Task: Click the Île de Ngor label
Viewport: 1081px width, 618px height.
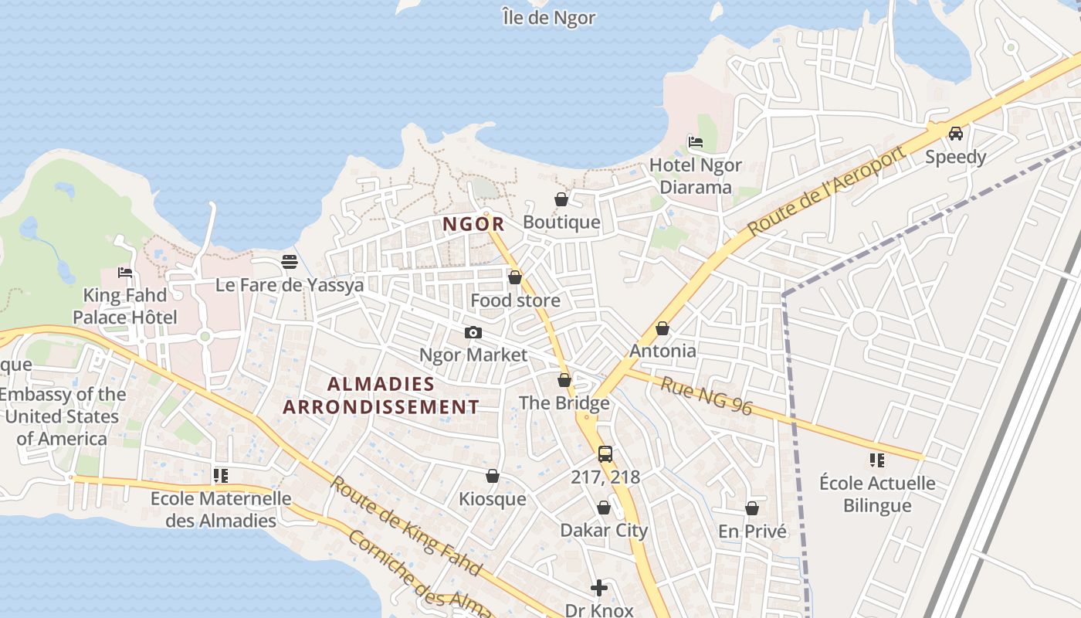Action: click(548, 17)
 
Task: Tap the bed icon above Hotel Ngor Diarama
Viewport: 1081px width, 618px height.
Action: click(695, 142)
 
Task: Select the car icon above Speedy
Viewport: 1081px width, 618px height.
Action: click(955, 134)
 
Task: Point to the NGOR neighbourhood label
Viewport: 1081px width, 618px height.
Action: click(473, 225)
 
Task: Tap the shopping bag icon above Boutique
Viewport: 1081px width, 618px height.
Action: click(561, 199)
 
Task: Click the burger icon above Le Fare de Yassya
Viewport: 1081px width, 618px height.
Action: click(290, 262)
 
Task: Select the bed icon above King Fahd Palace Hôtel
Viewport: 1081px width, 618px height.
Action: click(125, 272)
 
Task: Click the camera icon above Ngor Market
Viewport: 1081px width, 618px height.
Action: click(473, 332)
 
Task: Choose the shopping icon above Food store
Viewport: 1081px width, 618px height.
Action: click(515, 277)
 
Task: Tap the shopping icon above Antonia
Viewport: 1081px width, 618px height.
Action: click(662, 328)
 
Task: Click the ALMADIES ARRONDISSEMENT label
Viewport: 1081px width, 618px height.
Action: click(381, 396)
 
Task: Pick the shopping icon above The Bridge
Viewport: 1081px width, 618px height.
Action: click(564, 380)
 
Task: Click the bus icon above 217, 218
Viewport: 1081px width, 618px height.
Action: click(605, 454)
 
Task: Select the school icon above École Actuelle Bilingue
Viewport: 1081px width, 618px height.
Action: click(876, 460)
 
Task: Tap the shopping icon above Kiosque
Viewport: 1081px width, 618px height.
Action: click(492, 476)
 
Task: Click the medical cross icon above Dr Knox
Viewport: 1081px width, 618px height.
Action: click(598, 589)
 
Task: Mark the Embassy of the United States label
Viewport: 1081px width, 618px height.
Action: click(62, 416)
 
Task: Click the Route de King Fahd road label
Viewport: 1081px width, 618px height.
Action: click(406, 526)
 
